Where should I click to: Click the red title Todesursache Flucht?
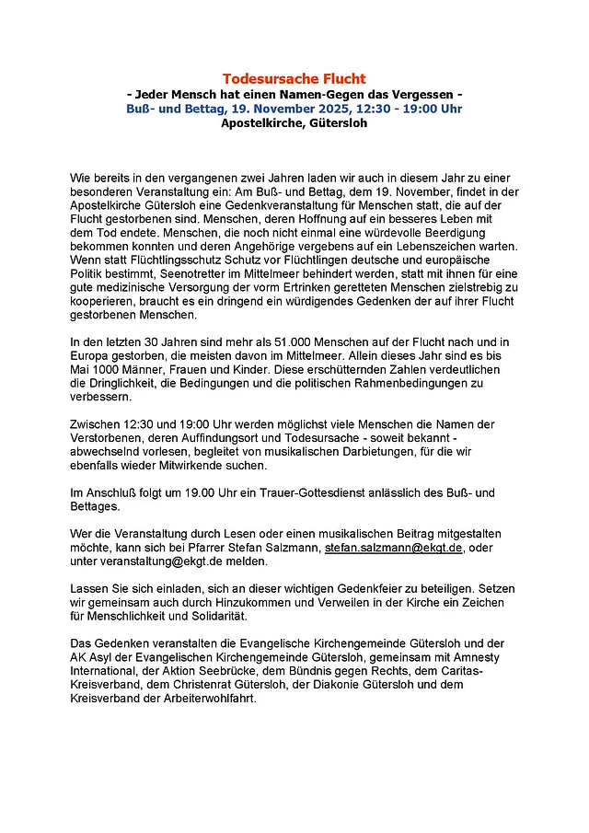click(x=294, y=79)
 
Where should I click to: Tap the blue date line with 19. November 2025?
click(x=294, y=108)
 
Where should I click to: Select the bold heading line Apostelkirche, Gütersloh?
click(x=294, y=122)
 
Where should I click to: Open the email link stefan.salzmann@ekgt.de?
click(x=394, y=548)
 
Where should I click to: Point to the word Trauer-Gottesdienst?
click(x=302, y=493)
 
